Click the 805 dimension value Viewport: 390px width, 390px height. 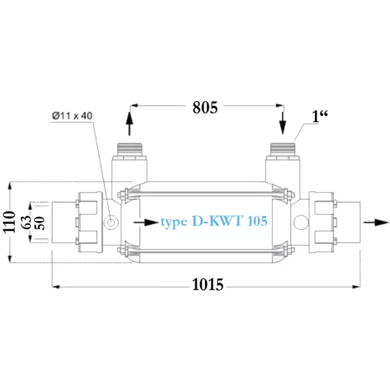[x=205, y=107]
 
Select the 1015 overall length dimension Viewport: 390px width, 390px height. [x=208, y=285]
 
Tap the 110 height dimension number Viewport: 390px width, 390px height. [x=9, y=222]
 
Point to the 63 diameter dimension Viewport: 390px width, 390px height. [x=27, y=222]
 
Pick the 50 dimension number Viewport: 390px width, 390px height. [x=40, y=223]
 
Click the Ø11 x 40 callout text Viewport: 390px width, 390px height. [x=72, y=116]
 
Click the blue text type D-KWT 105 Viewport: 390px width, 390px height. [x=214, y=221]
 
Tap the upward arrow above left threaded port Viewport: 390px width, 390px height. [x=129, y=124]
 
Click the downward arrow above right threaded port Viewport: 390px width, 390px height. [x=283, y=123]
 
